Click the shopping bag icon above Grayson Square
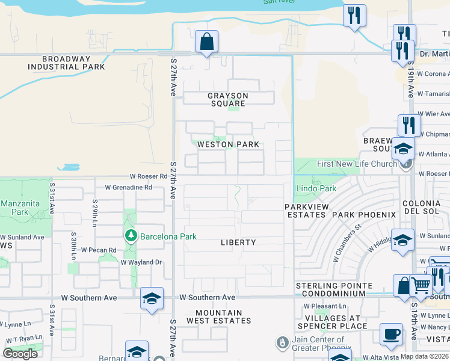[206, 42]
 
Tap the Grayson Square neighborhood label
[228, 99]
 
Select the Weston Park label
[228, 144]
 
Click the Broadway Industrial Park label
[73, 63]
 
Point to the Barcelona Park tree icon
[131, 236]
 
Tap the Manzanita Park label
[20, 208]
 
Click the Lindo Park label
[316, 189]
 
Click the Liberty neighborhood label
[238, 242]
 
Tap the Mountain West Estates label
[223, 316]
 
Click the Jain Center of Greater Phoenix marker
[281, 343]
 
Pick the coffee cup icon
[392, 335]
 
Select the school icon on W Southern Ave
[152, 298]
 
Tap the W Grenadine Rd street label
[128, 187]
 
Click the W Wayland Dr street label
[141, 262]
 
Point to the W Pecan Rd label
[99, 250]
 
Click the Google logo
[20, 354]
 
